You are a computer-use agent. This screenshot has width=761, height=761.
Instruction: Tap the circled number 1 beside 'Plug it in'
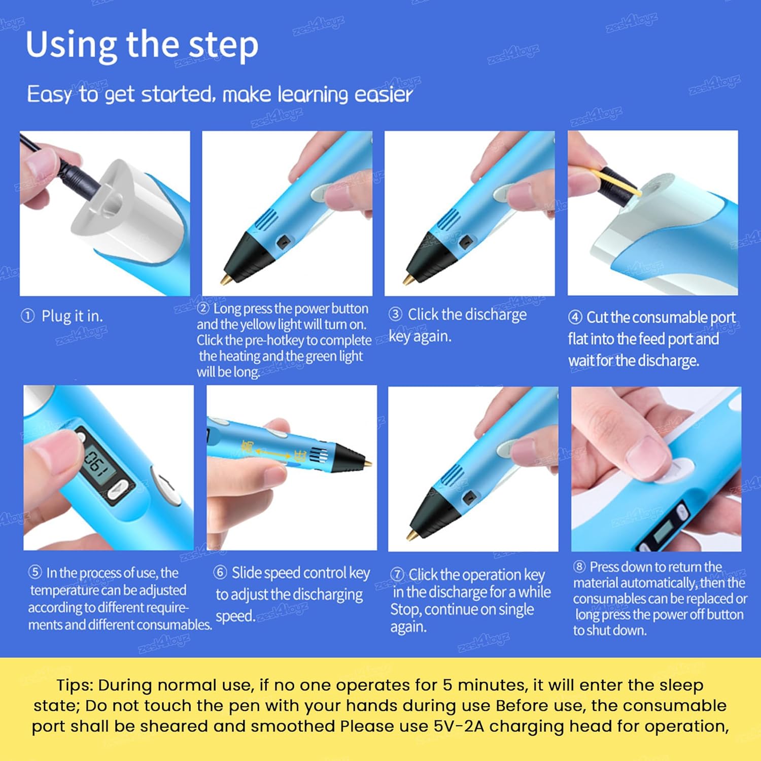(x=27, y=316)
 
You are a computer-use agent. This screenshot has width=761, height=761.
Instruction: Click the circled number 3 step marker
(x=395, y=315)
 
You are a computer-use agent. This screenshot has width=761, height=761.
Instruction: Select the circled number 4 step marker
(x=575, y=318)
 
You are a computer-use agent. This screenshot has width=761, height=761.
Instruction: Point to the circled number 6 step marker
(x=220, y=572)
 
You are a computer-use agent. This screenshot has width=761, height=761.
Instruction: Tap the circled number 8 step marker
(x=579, y=567)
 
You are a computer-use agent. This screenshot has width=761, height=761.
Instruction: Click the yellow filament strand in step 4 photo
(x=616, y=182)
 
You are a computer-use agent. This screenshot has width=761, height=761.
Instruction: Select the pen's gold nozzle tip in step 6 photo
(x=367, y=463)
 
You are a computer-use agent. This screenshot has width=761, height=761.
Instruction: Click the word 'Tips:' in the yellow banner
(x=75, y=685)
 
